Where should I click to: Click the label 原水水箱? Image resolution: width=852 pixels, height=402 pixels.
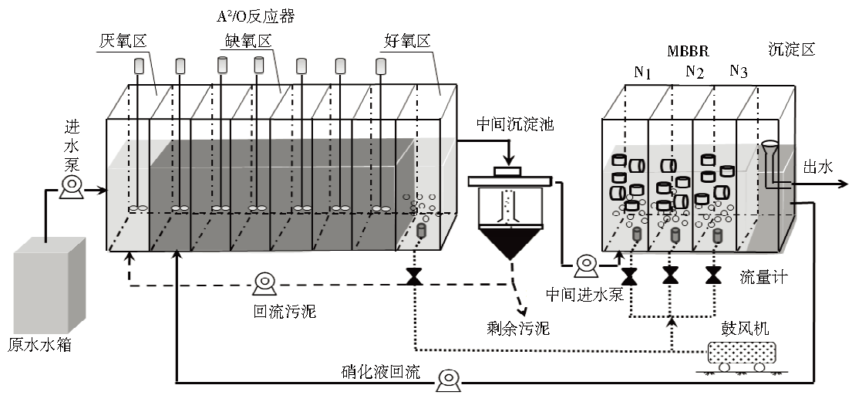pos(39,344)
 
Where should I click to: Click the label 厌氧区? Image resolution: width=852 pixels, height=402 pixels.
pos(118,40)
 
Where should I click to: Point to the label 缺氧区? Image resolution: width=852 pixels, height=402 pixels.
pos(240,40)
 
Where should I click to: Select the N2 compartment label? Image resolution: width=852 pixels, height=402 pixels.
pos(695,73)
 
